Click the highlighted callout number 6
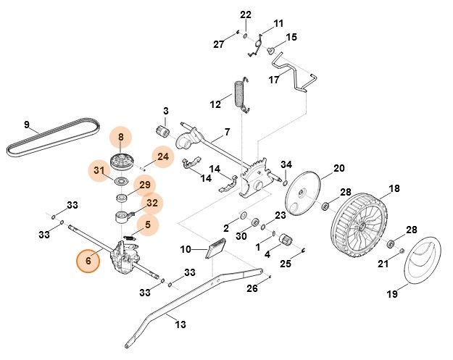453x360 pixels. click(88, 261)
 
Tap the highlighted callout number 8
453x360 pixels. click(121, 136)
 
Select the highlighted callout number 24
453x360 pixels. click(162, 156)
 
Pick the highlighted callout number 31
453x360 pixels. click(99, 171)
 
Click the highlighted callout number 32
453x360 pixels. click(151, 204)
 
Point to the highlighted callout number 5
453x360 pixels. click(147, 226)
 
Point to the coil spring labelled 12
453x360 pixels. click(239, 95)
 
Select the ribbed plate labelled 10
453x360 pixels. click(215, 248)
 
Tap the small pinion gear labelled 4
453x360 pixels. click(285, 239)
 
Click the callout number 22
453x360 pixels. click(245, 14)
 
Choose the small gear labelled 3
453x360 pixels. click(163, 133)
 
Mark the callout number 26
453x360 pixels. click(252, 288)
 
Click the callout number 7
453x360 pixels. click(227, 132)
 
